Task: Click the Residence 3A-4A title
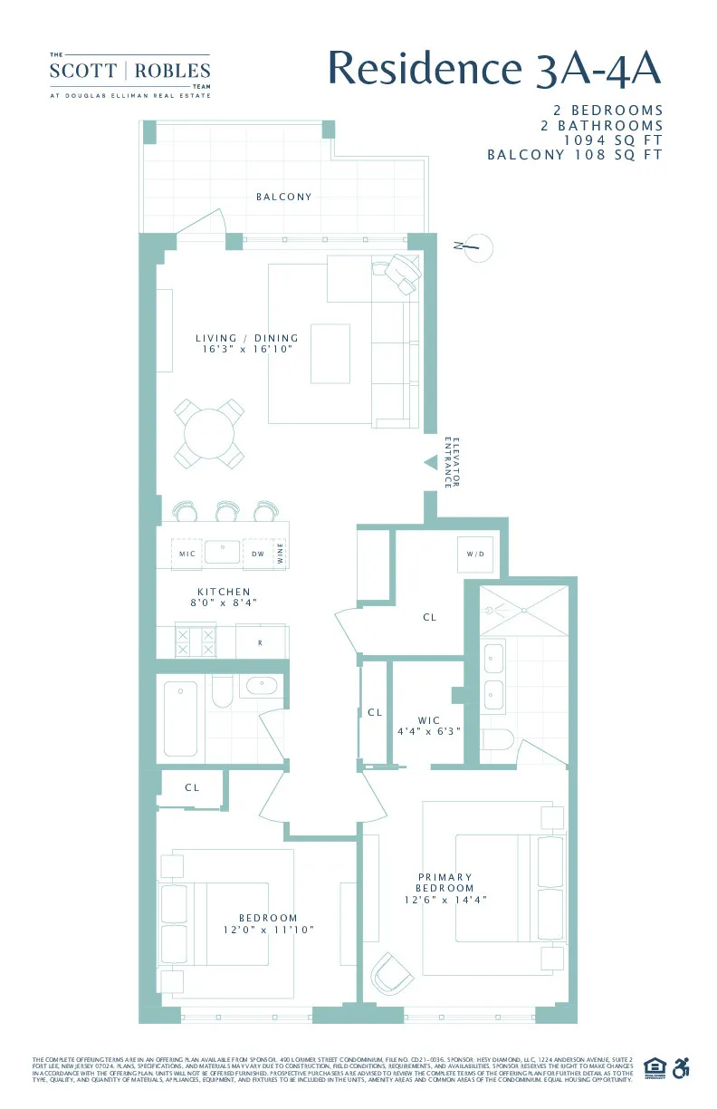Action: tap(494, 68)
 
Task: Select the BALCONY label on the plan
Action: tap(283, 197)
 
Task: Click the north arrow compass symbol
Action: tap(476, 246)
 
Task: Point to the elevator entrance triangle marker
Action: tap(431, 462)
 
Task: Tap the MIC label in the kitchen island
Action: tap(187, 554)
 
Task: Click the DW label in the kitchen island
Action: tap(258, 554)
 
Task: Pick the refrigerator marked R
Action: tap(260, 642)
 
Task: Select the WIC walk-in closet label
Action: tap(429, 720)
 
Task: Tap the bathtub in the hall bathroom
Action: tap(181, 718)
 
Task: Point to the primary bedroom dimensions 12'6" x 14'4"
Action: tap(445, 900)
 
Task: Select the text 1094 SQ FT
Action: tap(613, 140)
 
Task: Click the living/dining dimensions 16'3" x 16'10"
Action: tap(247, 349)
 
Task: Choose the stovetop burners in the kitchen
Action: tap(196, 642)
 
